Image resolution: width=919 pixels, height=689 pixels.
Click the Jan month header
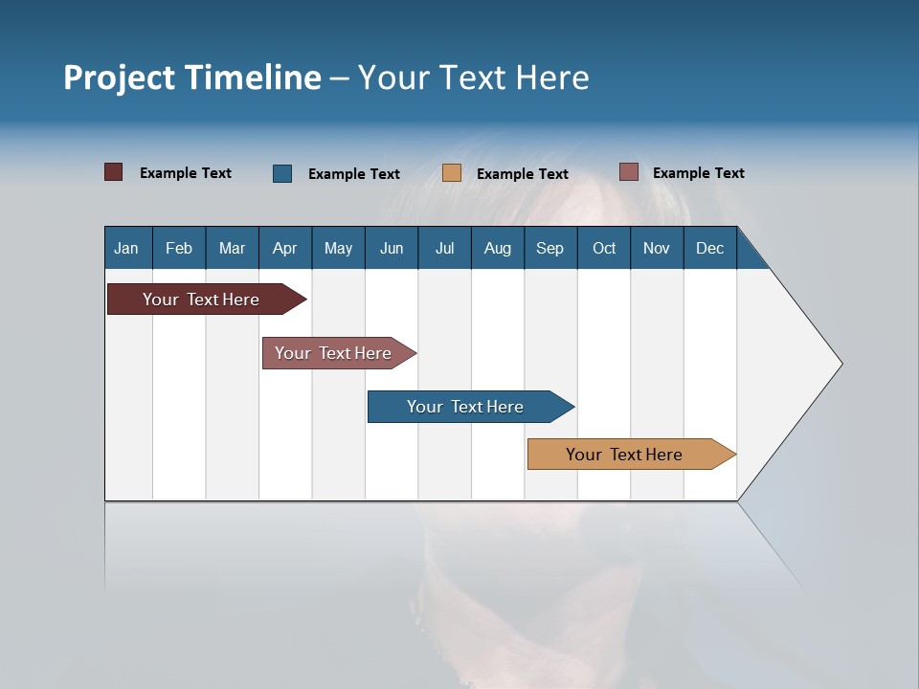[x=127, y=248]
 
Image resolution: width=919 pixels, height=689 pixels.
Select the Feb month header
[x=179, y=248]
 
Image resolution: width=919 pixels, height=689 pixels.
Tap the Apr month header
[x=285, y=248]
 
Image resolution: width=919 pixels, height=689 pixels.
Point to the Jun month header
[x=392, y=248]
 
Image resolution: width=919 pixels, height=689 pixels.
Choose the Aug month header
[x=498, y=248]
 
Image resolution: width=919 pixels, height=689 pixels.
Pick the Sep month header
[x=550, y=248]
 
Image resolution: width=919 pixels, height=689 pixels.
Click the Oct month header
[x=604, y=248]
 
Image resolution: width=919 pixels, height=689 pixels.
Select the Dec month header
[x=710, y=248]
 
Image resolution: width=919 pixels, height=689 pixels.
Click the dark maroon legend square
[x=114, y=172]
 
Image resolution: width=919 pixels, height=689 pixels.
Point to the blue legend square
[x=282, y=173]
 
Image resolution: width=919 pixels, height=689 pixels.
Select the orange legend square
[x=452, y=173]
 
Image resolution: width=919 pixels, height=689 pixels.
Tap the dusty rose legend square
[x=628, y=172]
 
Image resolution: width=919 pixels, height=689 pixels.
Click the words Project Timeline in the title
[x=192, y=78]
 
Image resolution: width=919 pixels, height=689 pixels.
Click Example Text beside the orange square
[x=523, y=174]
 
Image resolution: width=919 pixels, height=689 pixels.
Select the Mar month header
[x=232, y=248]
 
